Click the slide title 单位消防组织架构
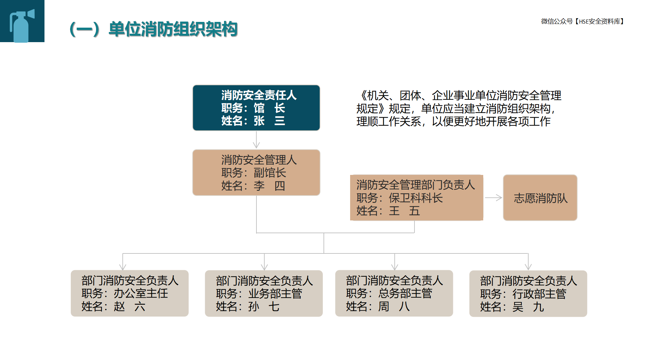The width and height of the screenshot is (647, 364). [x=173, y=29]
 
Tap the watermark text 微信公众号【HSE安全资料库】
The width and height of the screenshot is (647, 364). [x=582, y=22]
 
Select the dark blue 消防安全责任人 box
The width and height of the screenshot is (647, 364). [x=256, y=108]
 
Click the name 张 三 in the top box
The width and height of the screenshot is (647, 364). [x=270, y=121]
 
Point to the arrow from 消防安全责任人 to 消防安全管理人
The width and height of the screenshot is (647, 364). [x=256, y=140]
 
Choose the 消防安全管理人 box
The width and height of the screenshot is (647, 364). [x=256, y=173]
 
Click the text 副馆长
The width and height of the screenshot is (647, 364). [x=270, y=173]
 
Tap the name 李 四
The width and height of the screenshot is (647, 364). [x=270, y=186]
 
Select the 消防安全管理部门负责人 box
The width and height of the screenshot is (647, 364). [x=417, y=198]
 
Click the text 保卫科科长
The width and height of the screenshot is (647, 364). [x=416, y=198]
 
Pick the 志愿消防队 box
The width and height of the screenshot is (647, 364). [x=540, y=198]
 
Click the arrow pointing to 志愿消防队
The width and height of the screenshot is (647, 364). [x=494, y=198]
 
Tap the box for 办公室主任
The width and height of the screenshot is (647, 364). [x=130, y=293]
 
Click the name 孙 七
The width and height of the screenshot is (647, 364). [x=264, y=307]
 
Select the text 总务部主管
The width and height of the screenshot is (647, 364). [x=405, y=294]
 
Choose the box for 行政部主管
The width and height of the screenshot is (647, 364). [x=528, y=294]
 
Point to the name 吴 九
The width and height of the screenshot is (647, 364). [x=528, y=307]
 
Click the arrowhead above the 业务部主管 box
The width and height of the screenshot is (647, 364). [x=265, y=267]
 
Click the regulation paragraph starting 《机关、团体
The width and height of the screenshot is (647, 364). [x=459, y=109]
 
